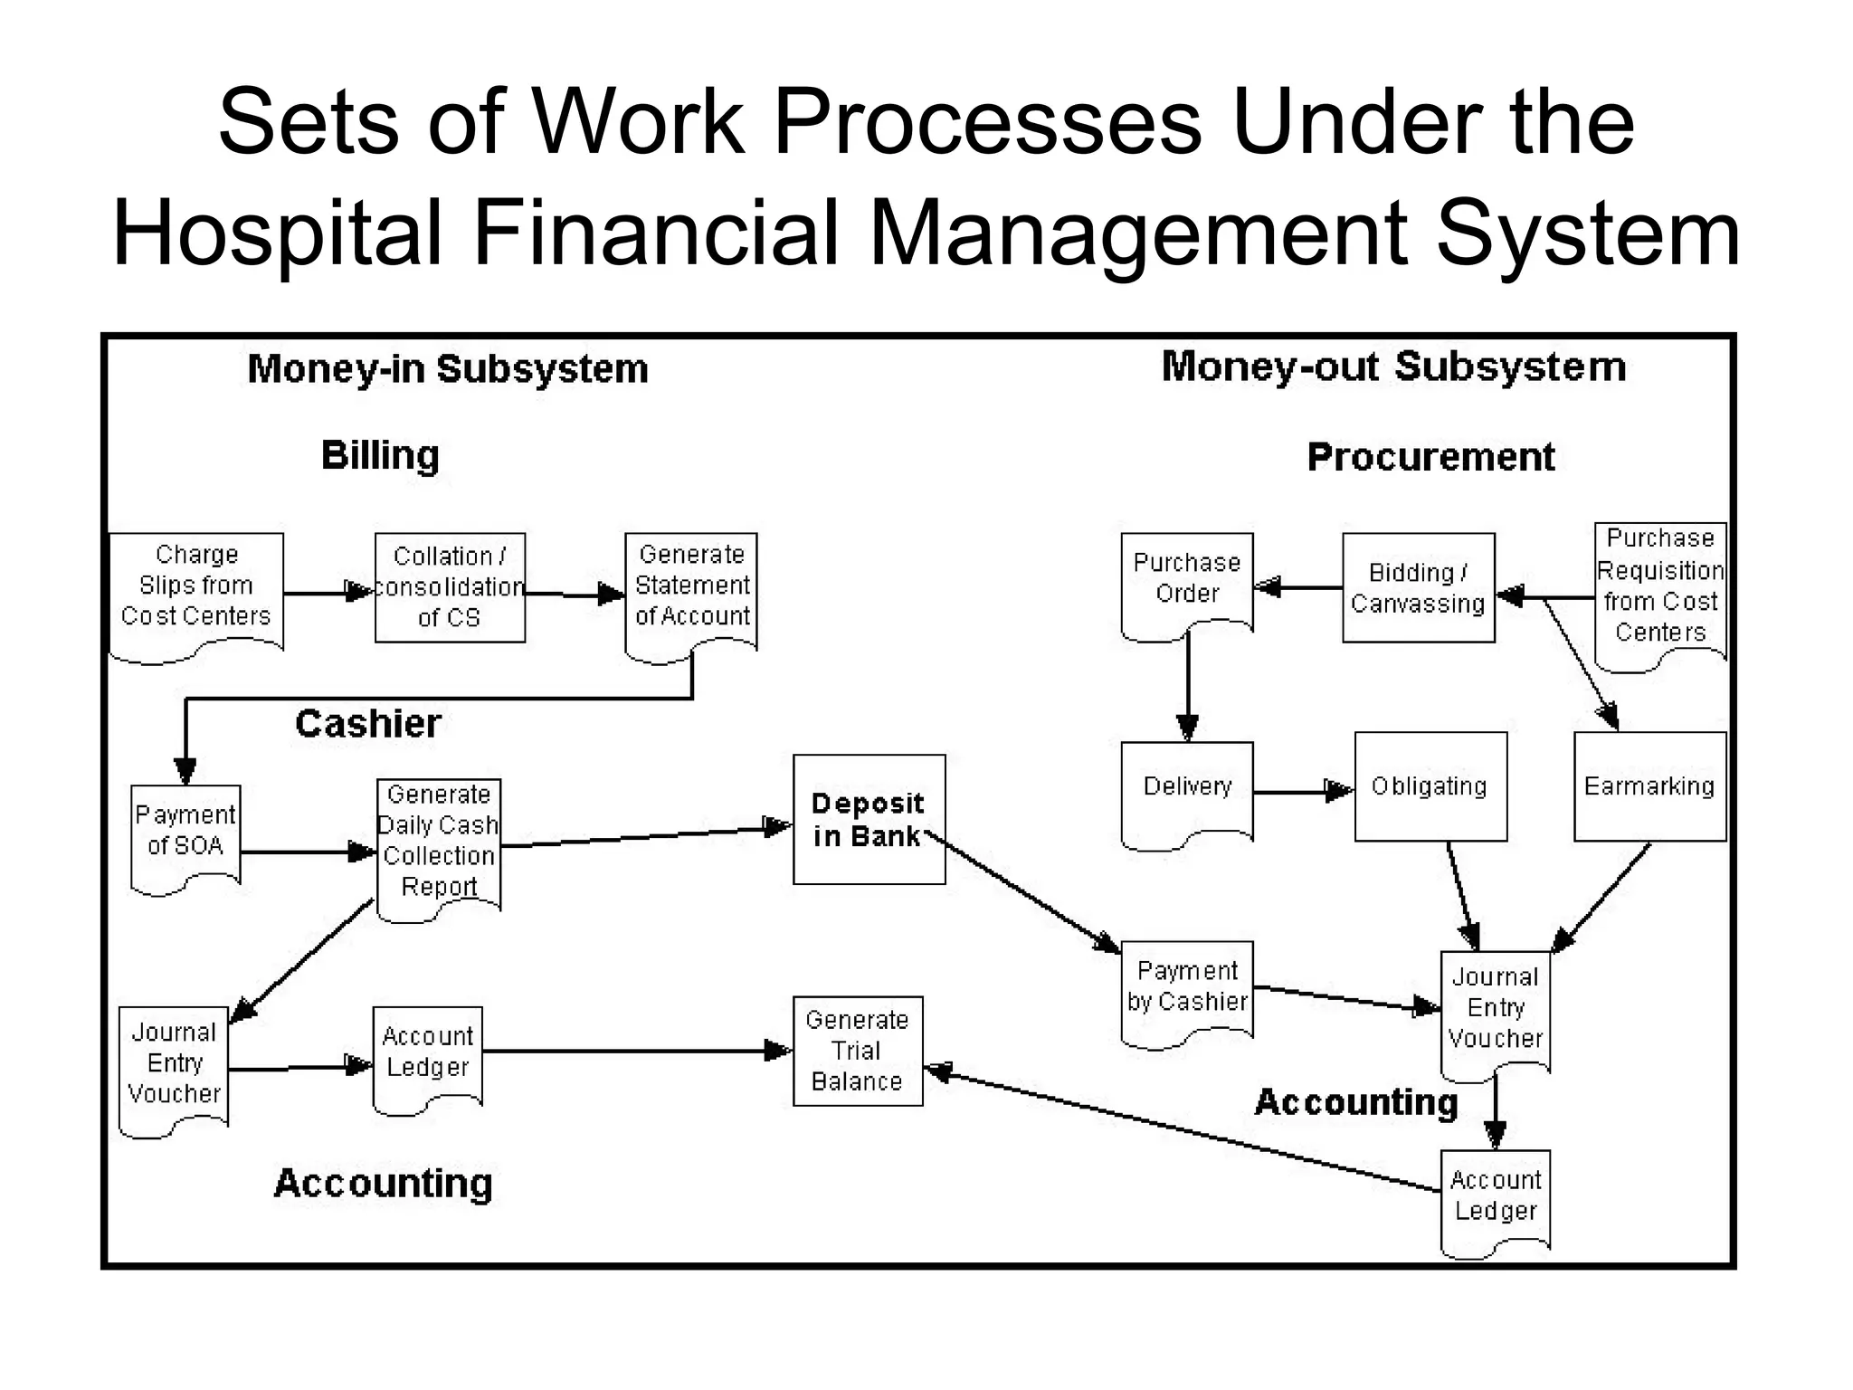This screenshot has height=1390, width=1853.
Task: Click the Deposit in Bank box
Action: [x=869, y=819]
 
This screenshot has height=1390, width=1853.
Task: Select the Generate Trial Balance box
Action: [x=857, y=1051]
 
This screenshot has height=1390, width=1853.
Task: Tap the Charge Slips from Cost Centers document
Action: [x=195, y=588]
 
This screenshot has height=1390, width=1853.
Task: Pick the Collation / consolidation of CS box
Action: [x=450, y=587]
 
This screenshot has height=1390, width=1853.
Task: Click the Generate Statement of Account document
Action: [x=691, y=588]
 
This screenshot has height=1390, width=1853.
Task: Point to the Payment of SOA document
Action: [x=185, y=833]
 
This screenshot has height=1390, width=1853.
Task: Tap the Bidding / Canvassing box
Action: [x=1418, y=587]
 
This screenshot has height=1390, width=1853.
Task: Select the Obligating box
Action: [x=1430, y=786]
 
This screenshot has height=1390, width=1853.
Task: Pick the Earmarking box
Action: [x=1649, y=786]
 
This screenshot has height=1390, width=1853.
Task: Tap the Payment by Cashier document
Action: [x=1187, y=988]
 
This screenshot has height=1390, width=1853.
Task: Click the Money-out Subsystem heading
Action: [x=1393, y=367]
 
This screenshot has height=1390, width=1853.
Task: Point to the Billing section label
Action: [x=380, y=455]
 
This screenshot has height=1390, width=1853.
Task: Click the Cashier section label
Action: [x=368, y=724]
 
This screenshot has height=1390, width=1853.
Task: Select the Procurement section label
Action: [x=1430, y=457]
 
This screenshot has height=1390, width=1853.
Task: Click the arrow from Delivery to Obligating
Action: [x=1303, y=792]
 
